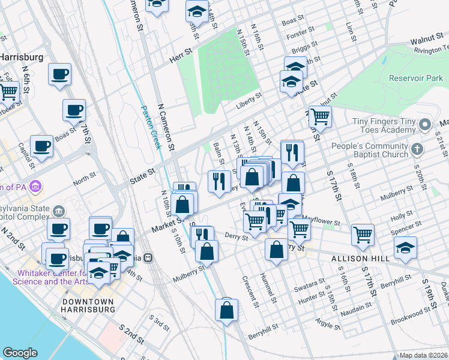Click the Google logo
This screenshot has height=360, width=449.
20,353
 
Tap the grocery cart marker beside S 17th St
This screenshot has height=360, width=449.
363,235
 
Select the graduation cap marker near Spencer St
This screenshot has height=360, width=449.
405,247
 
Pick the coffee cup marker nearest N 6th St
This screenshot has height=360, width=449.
60,75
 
